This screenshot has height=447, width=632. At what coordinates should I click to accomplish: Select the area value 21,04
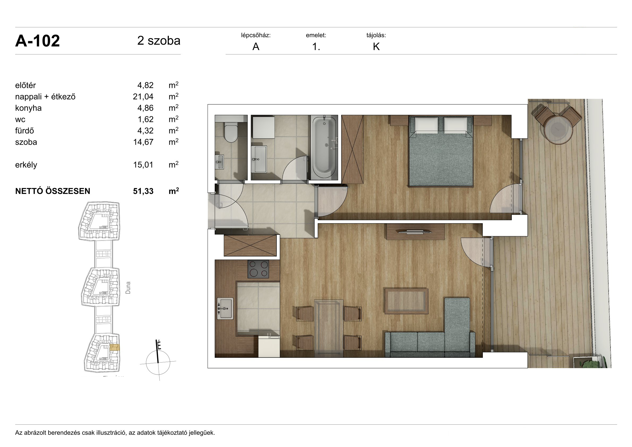143,97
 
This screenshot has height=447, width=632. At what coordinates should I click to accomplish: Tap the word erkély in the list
26,165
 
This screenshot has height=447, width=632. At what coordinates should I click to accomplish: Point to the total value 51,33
143,191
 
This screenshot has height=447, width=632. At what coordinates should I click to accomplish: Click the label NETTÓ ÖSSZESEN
53,191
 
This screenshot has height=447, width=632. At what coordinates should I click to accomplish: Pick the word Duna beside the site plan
128,288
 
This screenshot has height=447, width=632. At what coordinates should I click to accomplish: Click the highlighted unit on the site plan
114,347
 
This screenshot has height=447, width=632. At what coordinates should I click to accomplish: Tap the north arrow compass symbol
158,361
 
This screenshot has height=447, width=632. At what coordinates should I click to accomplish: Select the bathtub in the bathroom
324,147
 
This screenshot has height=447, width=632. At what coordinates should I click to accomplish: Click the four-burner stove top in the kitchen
258,269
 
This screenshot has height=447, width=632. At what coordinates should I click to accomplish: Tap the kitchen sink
225,308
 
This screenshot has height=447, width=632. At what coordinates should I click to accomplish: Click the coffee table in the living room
406,301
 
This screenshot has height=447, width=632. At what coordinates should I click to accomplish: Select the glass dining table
329,328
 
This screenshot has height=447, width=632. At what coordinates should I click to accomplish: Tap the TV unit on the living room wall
415,232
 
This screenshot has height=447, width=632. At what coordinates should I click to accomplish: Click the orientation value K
376,47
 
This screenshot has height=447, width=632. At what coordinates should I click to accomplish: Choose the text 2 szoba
159,41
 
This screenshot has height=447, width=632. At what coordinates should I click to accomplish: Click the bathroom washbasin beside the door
259,159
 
